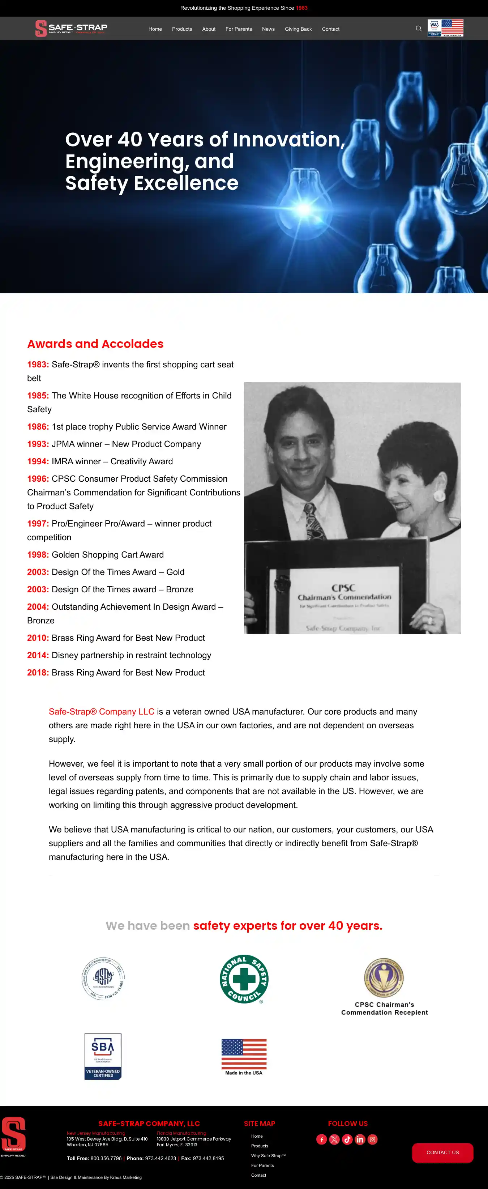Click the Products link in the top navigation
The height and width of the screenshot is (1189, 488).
pos(182,29)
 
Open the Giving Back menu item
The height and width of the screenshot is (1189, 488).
pos(298,29)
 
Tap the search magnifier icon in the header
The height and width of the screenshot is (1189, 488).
pos(418,29)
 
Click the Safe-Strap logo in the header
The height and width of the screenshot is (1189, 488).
pos(72,28)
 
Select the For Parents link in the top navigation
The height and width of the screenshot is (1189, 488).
pos(239,29)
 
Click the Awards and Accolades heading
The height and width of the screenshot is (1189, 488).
pos(95,344)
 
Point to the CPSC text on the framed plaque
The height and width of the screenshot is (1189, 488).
pos(343,588)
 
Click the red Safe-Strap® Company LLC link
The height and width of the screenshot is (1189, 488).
pos(102,712)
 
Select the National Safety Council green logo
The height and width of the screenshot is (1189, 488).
pos(244,979)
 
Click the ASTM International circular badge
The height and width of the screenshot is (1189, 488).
pos(103,979)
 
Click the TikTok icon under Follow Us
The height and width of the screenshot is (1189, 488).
pos(347,1139)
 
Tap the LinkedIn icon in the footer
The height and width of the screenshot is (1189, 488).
pos(360,1139)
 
